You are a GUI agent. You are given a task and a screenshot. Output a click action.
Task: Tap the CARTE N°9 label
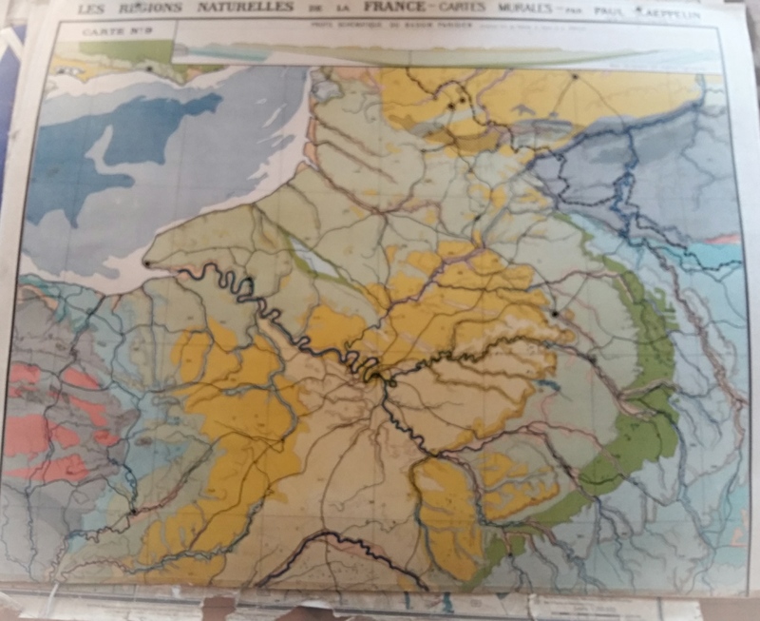coord(106,30)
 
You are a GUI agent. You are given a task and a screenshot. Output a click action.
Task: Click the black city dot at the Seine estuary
coord(147,263)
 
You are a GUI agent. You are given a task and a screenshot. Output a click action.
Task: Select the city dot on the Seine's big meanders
coord(249,280)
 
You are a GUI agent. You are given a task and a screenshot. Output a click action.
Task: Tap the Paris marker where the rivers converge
coord(378,374)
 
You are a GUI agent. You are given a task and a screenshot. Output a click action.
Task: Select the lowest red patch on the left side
coord(55,469)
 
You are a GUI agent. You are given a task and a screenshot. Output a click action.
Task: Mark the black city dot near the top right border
coord(575,75)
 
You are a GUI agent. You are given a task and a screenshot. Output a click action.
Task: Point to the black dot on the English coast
coord(149,68)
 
